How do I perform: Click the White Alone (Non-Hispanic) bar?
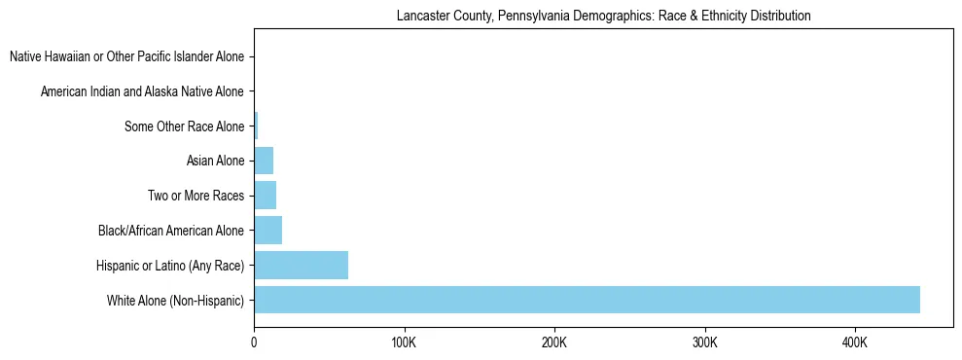pos(587,300)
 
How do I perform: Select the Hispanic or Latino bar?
pos(301,266)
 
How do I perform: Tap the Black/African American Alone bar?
pos(267,231)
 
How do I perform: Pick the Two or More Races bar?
pos(265,196)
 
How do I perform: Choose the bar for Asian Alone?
pos(264,161)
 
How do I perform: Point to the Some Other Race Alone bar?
pos(256,126)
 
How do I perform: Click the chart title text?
pos(603,17)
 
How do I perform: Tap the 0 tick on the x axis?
pos(254,343)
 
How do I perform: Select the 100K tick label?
pos(404,343)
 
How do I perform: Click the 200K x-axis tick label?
pos(554,343)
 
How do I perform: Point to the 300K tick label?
pos(704,343)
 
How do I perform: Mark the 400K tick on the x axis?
pos(855,343)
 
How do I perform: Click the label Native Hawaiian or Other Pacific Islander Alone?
pos(126,56)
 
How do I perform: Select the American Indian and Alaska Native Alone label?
pos(142,91)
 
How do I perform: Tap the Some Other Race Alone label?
pos(185,126)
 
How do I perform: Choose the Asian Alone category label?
pos(215,161)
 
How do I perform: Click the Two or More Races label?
pos(196,196)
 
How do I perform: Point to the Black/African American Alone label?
pos(171,231)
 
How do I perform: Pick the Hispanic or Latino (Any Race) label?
pos(170,266)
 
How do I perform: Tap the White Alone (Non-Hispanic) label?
pos(176,301)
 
